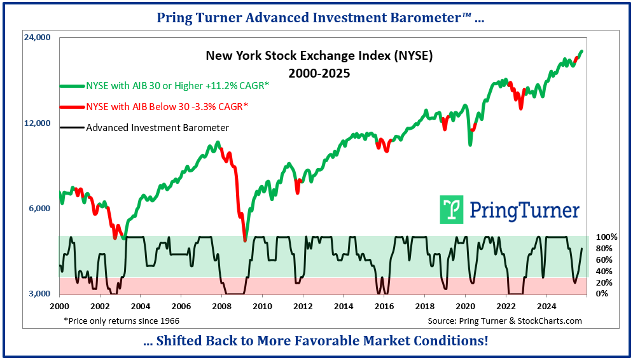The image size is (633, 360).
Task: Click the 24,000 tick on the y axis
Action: pyautogui.click(x=36, y=38)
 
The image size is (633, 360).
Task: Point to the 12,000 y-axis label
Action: pyautogui.click(x=36, y=123)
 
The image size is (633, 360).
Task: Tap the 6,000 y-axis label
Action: pyautogui.click(x=39, y=209)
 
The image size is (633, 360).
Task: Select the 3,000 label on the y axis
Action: pyautogui.click(x=39, y=294)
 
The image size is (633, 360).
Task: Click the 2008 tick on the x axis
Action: pyautogui.click(x=222, y=305)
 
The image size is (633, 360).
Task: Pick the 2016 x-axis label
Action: pyautogui.click(x=384, y=305)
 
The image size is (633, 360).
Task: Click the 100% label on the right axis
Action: pyautogui.click(x=606, y=237)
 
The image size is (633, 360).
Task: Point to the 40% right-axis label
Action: pyautogui.click(x=604, y=271)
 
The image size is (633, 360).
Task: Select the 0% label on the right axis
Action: pyautogui.click(x=602, y=294)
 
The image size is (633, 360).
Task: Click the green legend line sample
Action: pyautogui.click(x=71, y=86)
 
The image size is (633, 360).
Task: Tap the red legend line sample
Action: pyautogui.click(x=71, y=107)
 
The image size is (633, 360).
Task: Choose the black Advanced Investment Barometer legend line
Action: pyautogui.click(x=71, y=128)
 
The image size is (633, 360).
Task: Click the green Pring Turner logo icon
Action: pyautogui.click(x=452, y=210)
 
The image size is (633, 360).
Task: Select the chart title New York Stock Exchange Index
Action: pyautogui.click(x=319, y=56)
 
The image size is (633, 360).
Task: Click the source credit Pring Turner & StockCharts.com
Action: pyautogui.click(x=504, y=321)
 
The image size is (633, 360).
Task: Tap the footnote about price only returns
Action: pyautogui.click(x=122, y=321)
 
